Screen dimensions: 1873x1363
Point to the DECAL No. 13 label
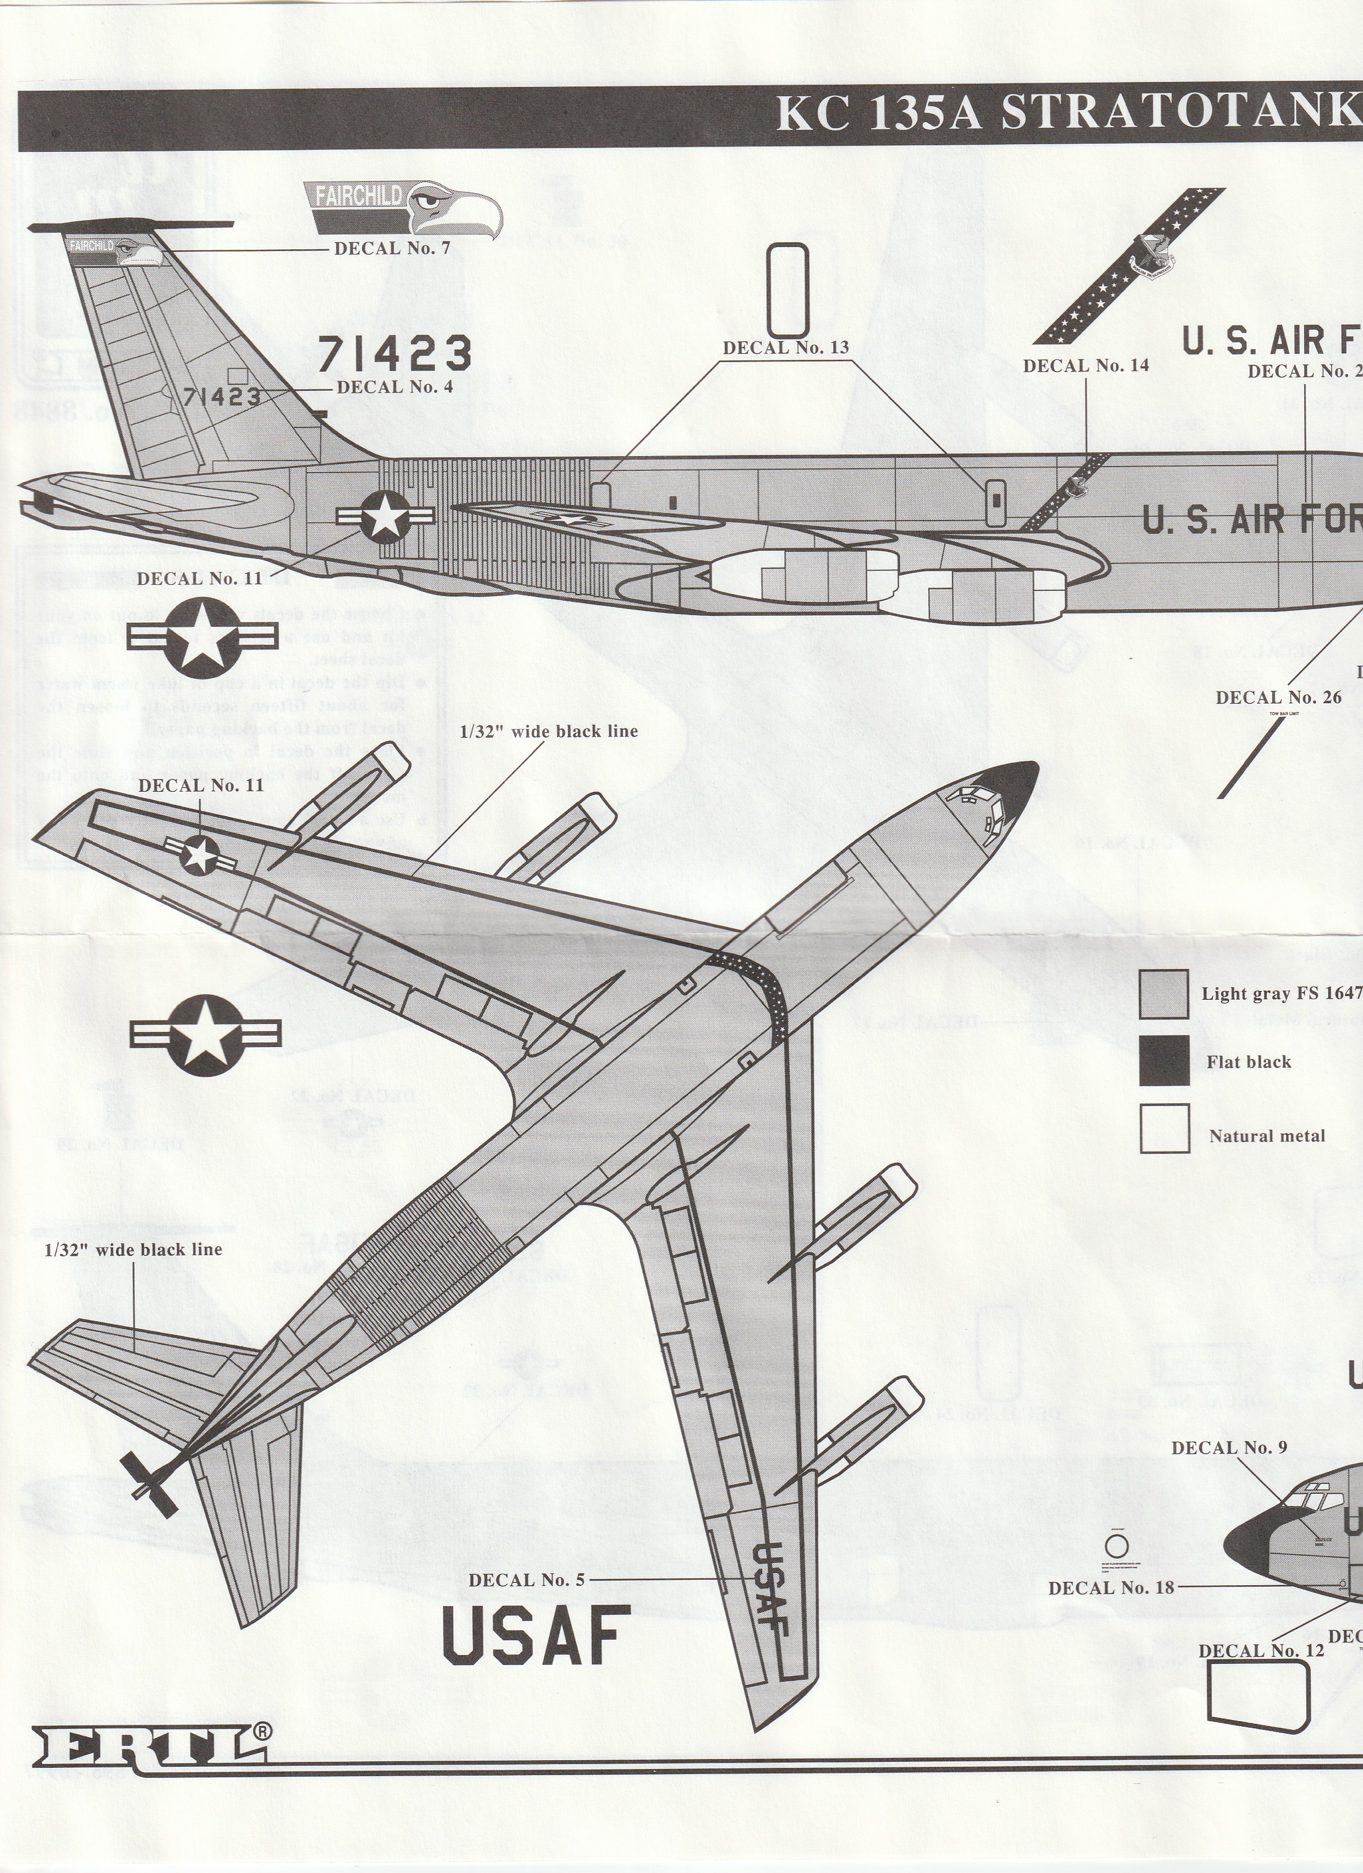coord(786,348)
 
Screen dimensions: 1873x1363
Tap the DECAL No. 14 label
coord(1086,365)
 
